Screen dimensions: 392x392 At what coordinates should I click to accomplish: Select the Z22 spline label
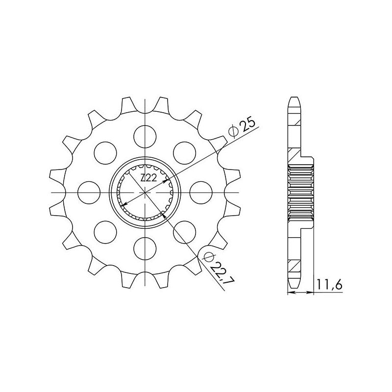pos(148,178)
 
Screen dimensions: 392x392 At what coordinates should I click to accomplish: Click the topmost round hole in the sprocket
pos(145,137)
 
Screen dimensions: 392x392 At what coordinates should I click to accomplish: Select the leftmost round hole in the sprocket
pos(89,193)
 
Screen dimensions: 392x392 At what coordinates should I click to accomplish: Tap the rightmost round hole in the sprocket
pos(201,193)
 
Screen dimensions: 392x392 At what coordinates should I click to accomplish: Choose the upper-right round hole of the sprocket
pos(185,153)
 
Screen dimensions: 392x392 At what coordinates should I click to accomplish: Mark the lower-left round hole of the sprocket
pos(105,232)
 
